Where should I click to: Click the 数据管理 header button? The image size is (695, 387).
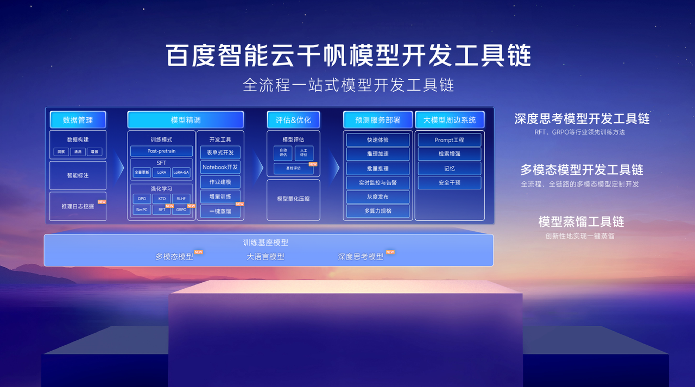(78, 120)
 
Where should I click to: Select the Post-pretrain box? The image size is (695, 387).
(161, 151)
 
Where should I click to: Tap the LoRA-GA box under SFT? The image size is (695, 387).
(181, 173)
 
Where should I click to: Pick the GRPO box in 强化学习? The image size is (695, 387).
(181, 210)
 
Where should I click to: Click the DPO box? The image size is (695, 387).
(142, 199)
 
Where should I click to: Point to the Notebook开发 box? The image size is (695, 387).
(220, 167)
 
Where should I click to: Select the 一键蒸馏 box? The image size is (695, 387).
(220, 211)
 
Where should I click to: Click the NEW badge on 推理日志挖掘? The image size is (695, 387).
(102, 202)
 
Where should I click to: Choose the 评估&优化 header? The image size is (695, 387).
(293, 120)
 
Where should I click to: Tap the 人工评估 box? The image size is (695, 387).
(304, 153)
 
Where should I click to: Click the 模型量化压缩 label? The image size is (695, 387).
(293, 199)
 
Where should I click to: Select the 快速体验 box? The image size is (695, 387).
(377, 140)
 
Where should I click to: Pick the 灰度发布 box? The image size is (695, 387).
(377, 196)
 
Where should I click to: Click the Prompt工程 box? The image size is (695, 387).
(449, 140)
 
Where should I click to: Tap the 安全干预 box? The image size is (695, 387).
(449, 182)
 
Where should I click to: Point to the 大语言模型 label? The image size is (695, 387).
(266, 257)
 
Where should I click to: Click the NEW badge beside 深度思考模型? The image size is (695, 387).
(390, 252)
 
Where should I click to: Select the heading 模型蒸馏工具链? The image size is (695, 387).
(581, 221)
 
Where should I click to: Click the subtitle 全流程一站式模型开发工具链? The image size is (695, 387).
(348, 85)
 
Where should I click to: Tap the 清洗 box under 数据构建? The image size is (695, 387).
(77, 152)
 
